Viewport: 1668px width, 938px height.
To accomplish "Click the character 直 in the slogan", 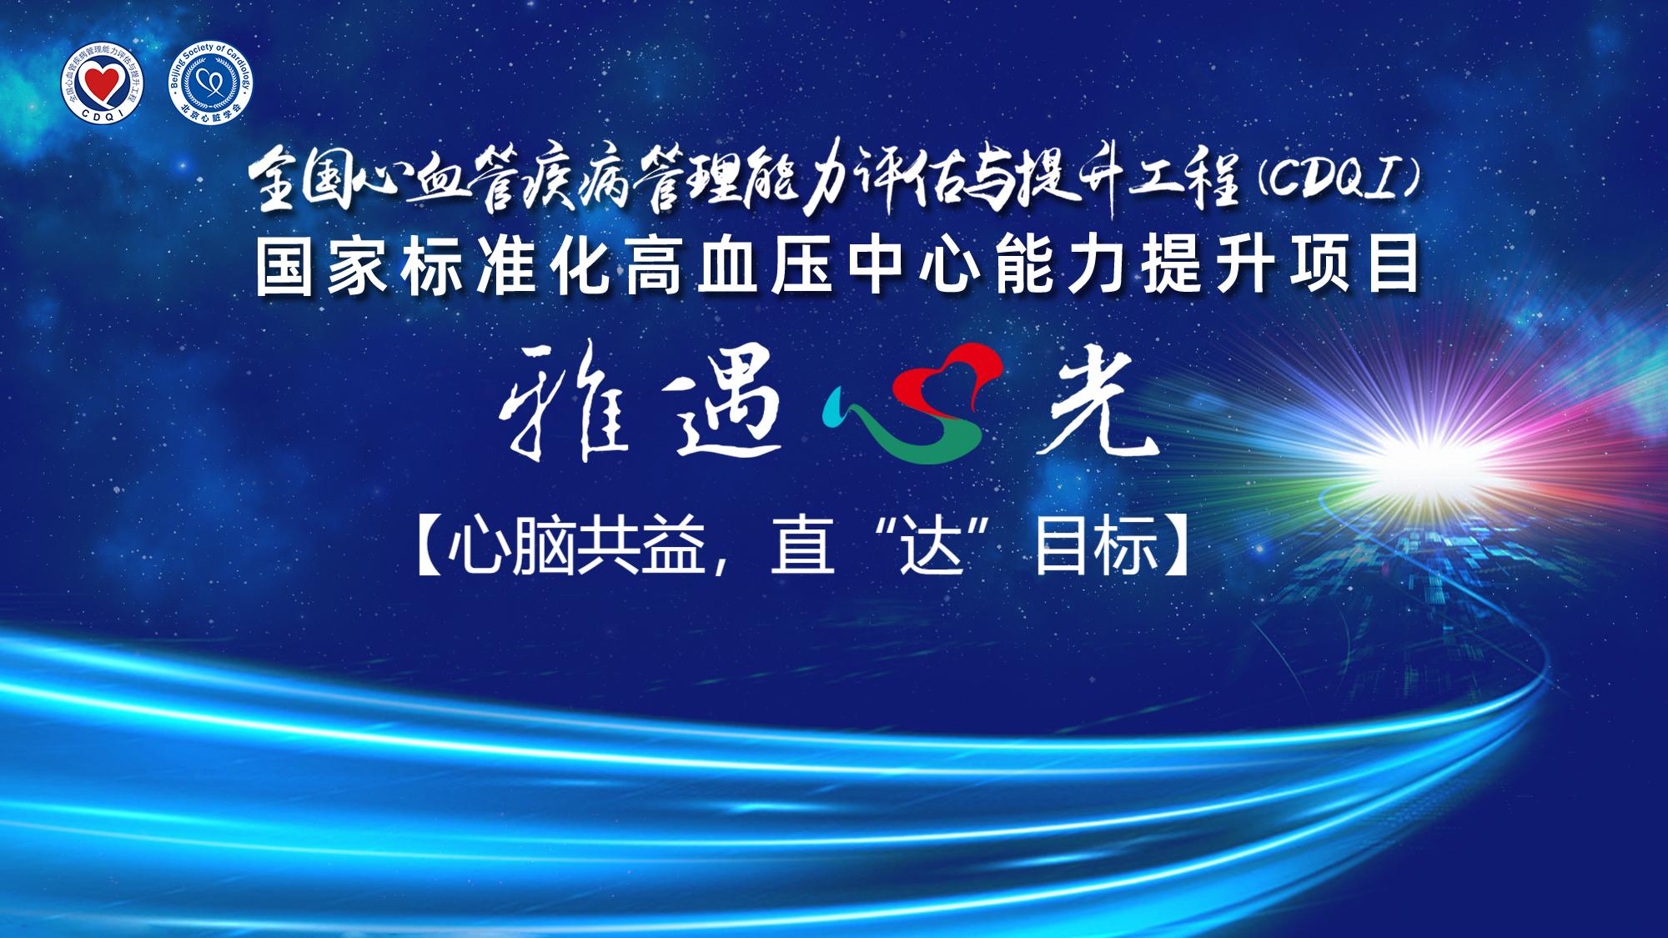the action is click(802, 546).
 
